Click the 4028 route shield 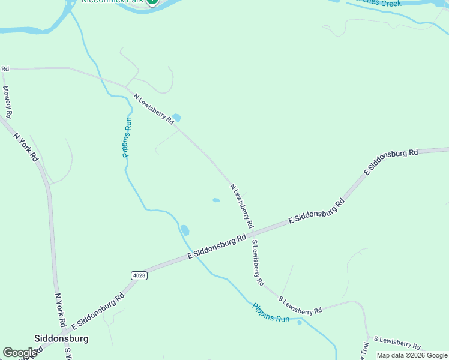[138, 275]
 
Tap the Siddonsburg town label [62, 338]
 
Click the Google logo [20, 353]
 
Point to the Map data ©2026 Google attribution [412, 355]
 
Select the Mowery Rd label [7, 101]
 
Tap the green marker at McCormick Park [152, 2]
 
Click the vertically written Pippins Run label [127, 137]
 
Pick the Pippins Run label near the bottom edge [270, 313]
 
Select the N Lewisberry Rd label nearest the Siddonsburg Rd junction [241, 205]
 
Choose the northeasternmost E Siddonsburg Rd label [391, 161]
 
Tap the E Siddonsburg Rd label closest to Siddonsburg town [98, 311]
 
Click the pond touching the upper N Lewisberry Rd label [176, 118]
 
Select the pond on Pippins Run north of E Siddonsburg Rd [185, 230]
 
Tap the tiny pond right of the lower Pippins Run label [300, 322]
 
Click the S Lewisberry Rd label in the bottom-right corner [397, 343]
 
